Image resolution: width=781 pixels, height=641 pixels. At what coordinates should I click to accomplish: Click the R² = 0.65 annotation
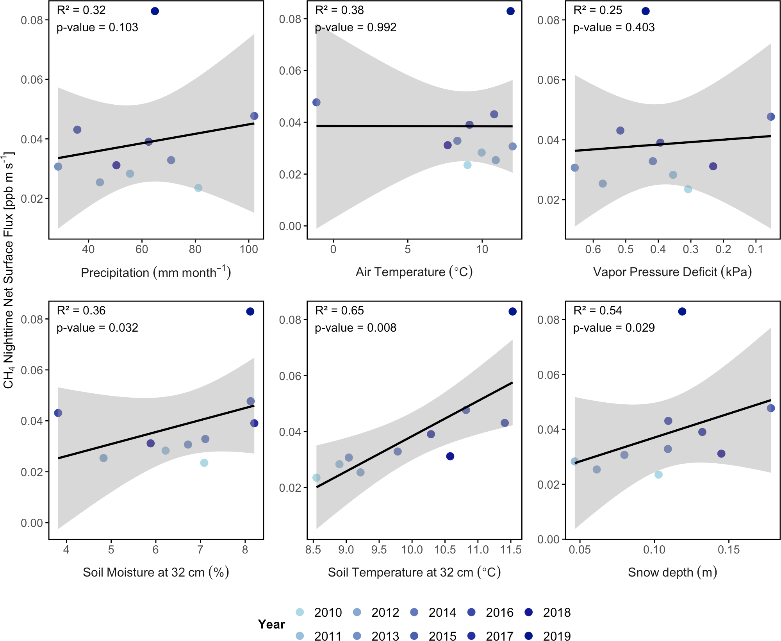pyautogui.click(x=339, y=311)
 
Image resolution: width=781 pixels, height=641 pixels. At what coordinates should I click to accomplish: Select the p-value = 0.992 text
pyautogui.click(x=355, y=27)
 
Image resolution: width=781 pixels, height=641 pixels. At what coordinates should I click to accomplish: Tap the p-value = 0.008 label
pyautogui.click(x=355, y=328)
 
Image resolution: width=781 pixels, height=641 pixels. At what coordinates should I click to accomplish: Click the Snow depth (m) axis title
pyautogui.click(x=672, y=572)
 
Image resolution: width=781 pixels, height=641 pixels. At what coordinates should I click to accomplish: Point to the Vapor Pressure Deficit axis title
pyautogui.click(x=672, y=272)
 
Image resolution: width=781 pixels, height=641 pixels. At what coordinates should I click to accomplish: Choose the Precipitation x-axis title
pyautogui.click(x=156, y=272)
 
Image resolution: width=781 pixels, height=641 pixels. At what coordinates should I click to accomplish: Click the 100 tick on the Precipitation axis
pyautogui.click(x=249, y=249)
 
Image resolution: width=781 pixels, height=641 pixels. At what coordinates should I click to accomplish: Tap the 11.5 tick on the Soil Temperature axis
pyautogui.click(x=511, y=550)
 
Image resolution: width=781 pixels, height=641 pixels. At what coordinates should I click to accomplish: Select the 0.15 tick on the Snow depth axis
pyautogui.click(x=729, y=550)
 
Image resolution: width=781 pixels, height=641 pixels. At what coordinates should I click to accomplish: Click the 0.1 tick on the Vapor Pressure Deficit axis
pyautogui.click(x=756, y=249)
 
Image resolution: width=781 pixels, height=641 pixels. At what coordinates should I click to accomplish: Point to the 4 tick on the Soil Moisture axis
pyautogui.click(x=66, y=550)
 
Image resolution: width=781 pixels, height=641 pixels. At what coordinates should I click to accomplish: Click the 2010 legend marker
pyautogui.click(x=300, y=612)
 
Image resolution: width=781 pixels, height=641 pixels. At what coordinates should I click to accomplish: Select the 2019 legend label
pyautogui.click(x=556, y=636)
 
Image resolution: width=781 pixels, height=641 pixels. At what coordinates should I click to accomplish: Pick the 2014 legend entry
pyautogui.click(x=442, y=612)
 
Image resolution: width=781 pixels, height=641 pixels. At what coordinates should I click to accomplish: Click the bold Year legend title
pyautogui.click(x=271, y=624)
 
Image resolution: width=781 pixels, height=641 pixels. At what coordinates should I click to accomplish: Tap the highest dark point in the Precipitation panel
pyautogui.click(x=155, y=11)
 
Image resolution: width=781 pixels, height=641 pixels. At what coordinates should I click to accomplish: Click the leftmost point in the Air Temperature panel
pyautogui.click(x=316, y=102)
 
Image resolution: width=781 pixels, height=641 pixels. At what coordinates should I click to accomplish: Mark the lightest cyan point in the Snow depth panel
pyautogui.click(x=658, y=475)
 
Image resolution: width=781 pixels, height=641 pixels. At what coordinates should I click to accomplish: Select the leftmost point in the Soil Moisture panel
pyautogui.click(x=58, y=413)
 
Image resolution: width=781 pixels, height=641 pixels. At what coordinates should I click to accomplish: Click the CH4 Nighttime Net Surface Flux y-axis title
pyautogui.click(x=9, y=270)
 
